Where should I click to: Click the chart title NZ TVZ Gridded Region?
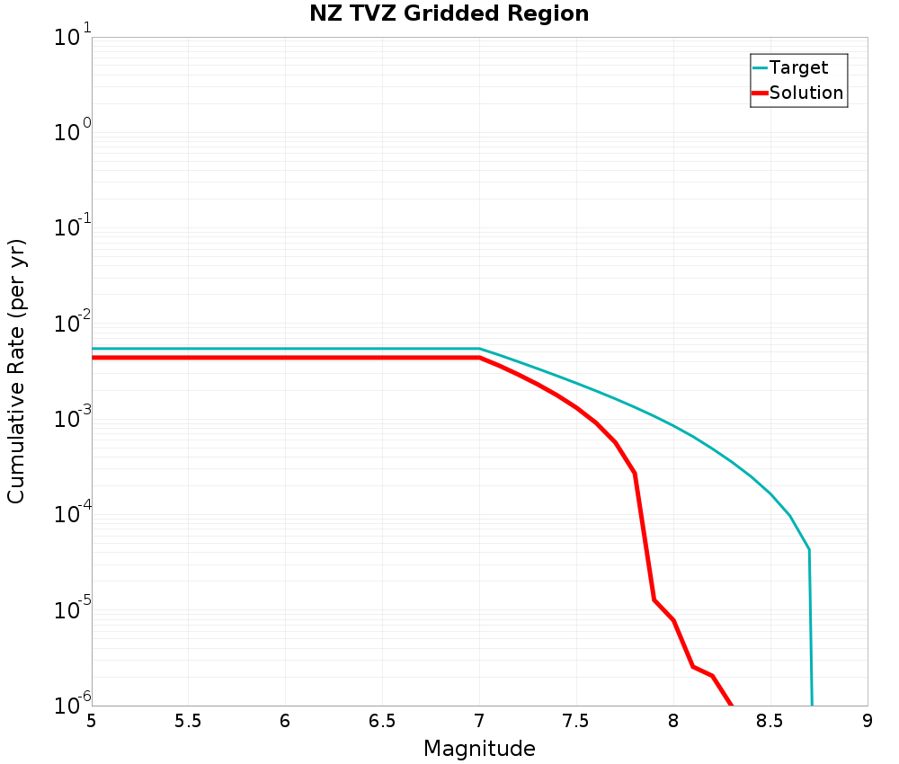[x=449, y=14]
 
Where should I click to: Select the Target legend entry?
[x=798, y=67]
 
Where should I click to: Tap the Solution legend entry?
[x=806, y=93]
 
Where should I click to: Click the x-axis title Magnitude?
[x=479, y=749]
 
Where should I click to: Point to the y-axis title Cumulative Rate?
[x=17, y=371]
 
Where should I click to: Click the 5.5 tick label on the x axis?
[x=188, y=721]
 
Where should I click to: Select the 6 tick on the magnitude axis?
[x=285, y=721]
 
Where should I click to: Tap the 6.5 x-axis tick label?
[x=382, y=721]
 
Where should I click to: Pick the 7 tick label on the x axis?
[x=479, y=721]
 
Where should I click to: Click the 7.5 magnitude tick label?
[x=576, y=721]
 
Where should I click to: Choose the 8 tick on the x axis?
[x=673, y=721]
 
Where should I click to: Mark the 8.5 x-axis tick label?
[x=770, y=721]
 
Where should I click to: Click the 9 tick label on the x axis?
[x=868, y=721]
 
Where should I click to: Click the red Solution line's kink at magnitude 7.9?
[x=654, y=600]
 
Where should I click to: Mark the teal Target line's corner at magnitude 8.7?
[x=809, y=549]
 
